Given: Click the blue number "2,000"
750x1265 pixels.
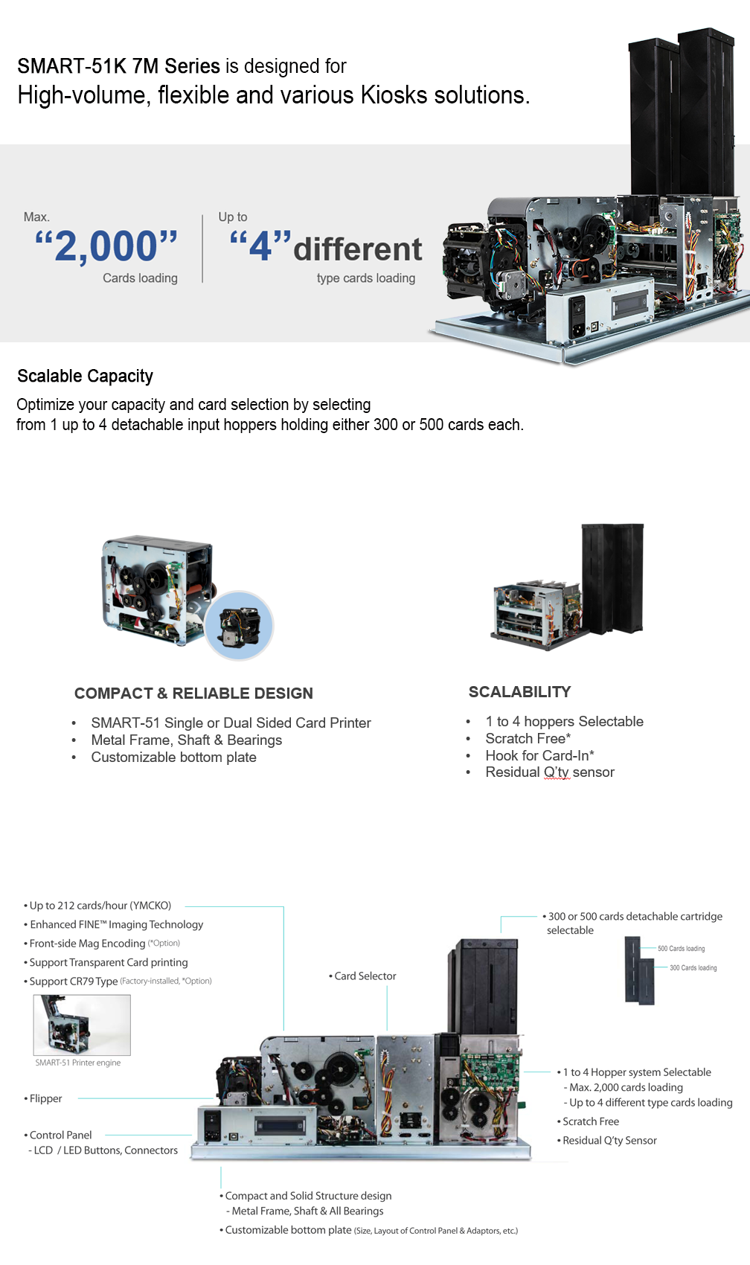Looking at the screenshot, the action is click(106, 246).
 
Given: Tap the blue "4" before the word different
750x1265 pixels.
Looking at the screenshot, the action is click(260, 247).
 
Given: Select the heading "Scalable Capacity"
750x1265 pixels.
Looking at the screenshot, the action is click(86, 376).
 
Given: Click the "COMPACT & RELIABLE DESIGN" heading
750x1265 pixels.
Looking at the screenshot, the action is click(193, 693).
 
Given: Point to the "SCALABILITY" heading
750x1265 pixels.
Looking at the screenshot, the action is click(519, 692).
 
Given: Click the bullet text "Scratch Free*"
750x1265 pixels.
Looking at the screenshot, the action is click(528, 738).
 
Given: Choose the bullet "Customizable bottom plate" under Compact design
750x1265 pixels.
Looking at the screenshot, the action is click(174, 758).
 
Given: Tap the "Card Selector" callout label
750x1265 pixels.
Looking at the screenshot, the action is click(365, 976).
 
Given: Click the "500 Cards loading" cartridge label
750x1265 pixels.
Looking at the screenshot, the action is click(681, 949).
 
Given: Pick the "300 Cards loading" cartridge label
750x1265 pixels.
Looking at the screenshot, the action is click(693, 968).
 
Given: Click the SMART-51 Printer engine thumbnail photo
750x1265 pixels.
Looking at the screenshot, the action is click(82, 1025).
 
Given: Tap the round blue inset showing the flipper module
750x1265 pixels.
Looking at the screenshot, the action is click(239, 626).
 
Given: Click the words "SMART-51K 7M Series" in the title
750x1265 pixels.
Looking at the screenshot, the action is click(118, 66).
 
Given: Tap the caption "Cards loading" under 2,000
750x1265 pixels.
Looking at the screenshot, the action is click(140, 278).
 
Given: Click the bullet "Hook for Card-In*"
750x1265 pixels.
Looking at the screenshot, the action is click(539, 755).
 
